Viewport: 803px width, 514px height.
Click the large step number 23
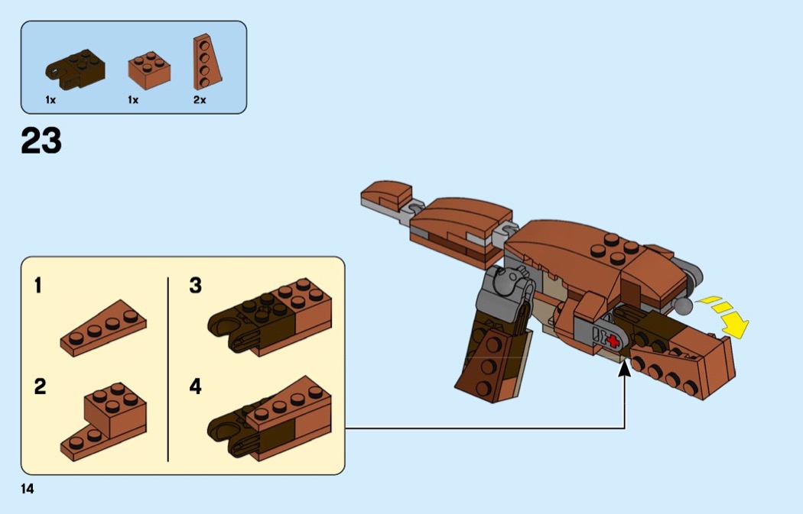(41, 141)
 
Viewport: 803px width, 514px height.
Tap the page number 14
(28, 489)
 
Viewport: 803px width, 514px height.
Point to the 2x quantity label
(200, 100)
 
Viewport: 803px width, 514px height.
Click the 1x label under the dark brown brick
(50, 100)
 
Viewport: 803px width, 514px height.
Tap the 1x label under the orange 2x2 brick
(133, 100)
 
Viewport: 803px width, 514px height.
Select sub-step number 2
(39, 386)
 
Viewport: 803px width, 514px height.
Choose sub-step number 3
(196, 286)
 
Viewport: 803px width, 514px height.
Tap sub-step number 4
(196, 386)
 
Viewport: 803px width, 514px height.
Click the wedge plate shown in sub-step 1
(104, 328)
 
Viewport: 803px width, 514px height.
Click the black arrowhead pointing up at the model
(625, 370)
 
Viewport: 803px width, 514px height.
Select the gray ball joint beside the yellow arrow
(683, 306)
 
